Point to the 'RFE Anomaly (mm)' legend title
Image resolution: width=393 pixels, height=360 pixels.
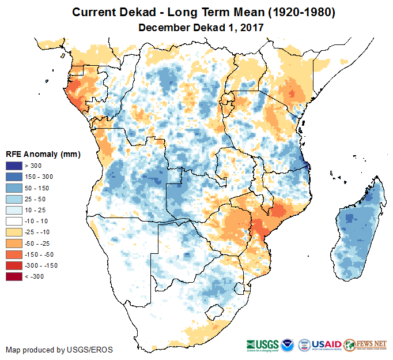(43, 154)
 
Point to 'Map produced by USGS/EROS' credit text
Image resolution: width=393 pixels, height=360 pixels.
(59, 350)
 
